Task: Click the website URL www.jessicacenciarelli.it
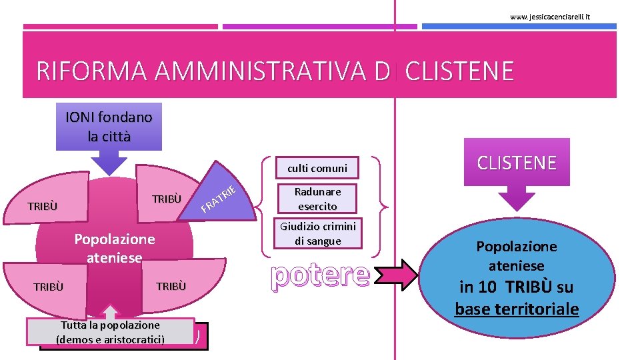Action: pyautogui.click(x=550, y=16)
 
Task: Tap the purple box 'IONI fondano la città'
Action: pyautogui.click(x=109, y=127)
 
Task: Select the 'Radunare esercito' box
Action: pyautogui.click(x=318, y=199)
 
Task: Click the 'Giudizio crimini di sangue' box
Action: pyautogui.click(x=318, y=233)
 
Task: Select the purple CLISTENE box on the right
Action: pyautogui.click(x=517, y=163)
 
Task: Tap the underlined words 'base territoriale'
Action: pyautogui.click(x=517, y=309)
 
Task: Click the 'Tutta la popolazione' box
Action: pyautogui.click(x=111, y=332)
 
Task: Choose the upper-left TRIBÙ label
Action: pyautogui.click(x=43, y=206)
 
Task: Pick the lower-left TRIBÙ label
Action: pyautogui.click(x=48, y=287)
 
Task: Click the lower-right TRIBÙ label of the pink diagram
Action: pyautogui.click(x=171, y=287)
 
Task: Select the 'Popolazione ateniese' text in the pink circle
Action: pyautogui.click(x=115, y=248)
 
